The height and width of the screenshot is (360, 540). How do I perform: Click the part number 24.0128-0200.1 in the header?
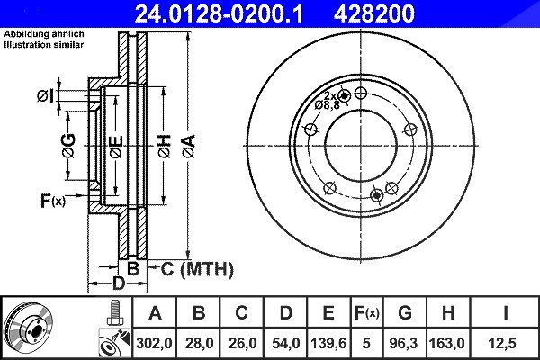[x=219, y=13]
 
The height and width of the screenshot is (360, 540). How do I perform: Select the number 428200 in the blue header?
[x=374, y=13]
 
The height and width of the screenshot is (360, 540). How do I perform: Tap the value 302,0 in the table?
[x=154, y=343]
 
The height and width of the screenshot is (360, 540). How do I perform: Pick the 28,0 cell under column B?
[x=200, y=343]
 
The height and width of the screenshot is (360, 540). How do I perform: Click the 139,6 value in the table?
[x=328, y=343]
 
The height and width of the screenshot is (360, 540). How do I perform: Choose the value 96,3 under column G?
[x=403, y=343]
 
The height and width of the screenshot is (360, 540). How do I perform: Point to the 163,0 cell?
[x=446, y=343]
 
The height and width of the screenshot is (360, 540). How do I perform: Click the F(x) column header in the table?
[x=367, y=313]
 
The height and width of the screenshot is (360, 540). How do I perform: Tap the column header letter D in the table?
[x=286, y=313]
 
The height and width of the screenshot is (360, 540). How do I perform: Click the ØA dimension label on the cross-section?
[x=189, y=146]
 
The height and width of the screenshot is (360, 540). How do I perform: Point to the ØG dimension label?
[x=69, y=146]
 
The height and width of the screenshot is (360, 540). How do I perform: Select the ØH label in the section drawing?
[x=165, y=146]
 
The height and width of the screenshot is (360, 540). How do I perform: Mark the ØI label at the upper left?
[x=46, y=95]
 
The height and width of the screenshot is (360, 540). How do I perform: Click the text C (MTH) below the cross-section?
[x=197, y=269]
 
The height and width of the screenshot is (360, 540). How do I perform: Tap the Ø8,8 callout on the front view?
[x=328, y=105]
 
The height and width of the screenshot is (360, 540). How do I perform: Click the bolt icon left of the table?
[x=114, y=313]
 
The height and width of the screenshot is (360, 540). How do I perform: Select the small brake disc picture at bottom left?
[x=28, y=328]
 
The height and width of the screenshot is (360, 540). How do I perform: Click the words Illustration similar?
[x=44, y=45]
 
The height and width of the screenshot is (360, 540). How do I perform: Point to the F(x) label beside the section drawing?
[x=53, y=201]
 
